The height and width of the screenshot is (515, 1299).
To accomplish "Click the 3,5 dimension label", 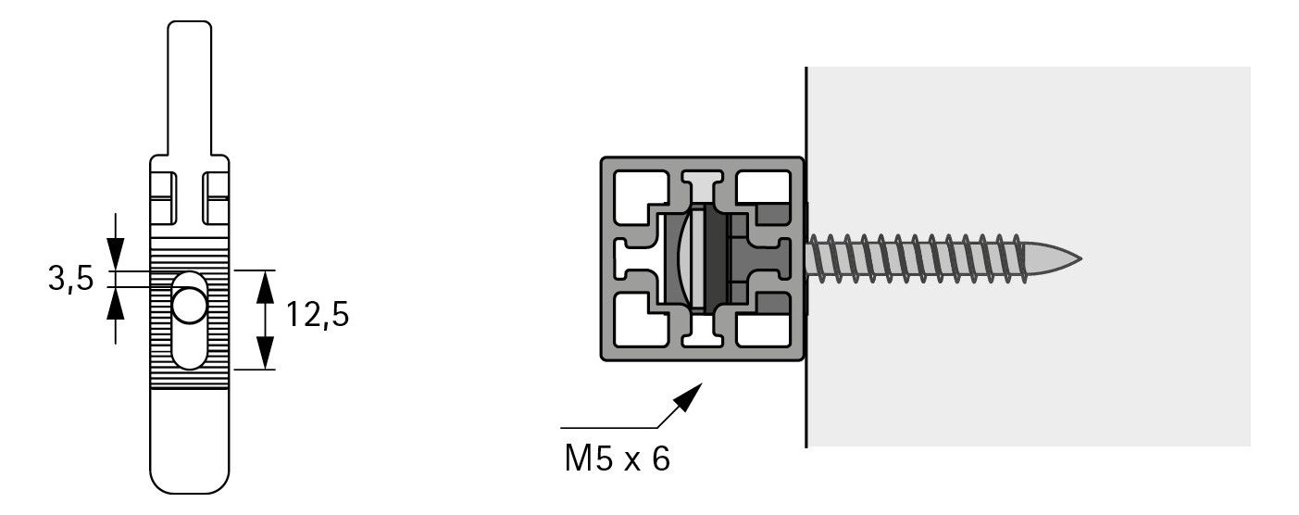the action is (x=70, y=279).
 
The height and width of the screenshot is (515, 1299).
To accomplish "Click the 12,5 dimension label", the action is (x=318, y=315).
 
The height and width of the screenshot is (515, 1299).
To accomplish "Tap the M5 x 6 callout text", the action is (x=617, y=458).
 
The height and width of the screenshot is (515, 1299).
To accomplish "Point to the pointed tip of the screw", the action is (x=1080, y=258).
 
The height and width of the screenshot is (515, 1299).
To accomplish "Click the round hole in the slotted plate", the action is (x=189, y=306).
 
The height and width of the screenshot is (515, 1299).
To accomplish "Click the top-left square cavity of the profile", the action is (x=640, y=196).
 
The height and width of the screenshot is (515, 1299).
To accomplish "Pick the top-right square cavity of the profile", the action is (x=763, y=187).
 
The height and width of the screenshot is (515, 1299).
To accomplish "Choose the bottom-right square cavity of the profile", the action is (x=763, y=331).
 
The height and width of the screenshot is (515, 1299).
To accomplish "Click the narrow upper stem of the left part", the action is (x=190, y=88).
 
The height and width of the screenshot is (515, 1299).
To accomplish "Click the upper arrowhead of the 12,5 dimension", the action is (x=265, y=286).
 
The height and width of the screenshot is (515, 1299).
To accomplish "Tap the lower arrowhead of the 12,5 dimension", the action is (x=265, y=353).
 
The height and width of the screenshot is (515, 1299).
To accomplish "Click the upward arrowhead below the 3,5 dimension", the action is (x=116, y=303).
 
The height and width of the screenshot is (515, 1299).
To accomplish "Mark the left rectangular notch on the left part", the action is (x=164, y=198).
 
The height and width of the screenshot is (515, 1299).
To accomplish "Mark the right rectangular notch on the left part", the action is (x=216, y=198).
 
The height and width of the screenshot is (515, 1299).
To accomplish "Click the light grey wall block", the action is (x=1030, y=257).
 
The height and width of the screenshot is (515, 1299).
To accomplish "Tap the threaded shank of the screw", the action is (x=917, y=258).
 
